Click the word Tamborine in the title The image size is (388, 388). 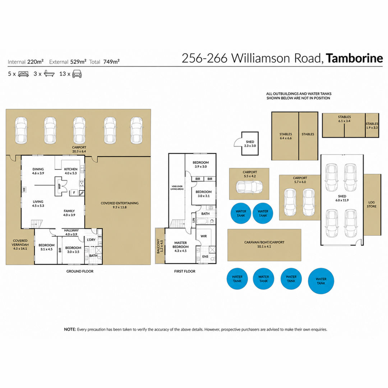(x=354, y=58)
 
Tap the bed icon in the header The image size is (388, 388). (x=23, y=74)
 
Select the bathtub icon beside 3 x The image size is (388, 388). (x=49, y=74)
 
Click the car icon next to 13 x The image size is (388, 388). (x=77, y=74)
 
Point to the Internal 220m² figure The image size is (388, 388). (x=26, y=62)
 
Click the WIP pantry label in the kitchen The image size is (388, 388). (x=59, y=186)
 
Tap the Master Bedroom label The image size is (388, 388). (x=180, y=247)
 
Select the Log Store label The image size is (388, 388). (x=371, y=204)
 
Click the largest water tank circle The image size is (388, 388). (x=321, y=281)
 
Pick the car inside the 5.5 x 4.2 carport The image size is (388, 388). (x=249, y=187)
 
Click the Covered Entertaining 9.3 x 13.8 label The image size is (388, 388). (x=120, y=205)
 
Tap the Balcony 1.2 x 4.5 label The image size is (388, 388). (x=160, y=246)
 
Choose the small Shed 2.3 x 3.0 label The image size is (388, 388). (x=250, y=144)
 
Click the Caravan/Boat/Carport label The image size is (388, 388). (x=264, y=242)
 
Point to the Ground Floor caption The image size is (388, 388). (x=80, y=271)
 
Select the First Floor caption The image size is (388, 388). (x=185, y=271)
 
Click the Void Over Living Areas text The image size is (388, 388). (x=177, y=188)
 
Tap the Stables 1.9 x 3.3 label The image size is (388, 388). (x=372, y=125)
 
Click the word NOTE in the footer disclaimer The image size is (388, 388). (x=70, y=329)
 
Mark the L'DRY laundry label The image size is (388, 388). (x=91, y=240)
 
